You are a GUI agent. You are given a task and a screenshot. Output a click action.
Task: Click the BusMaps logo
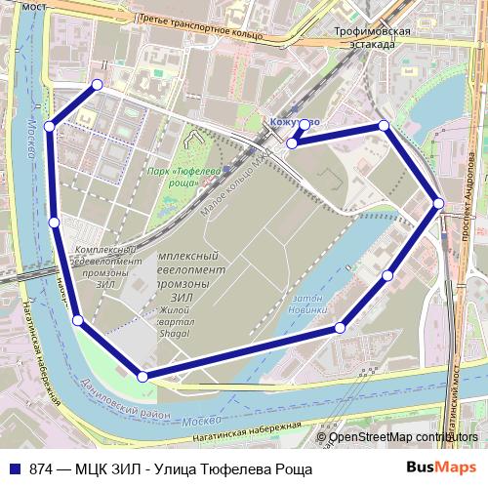coord(436,467)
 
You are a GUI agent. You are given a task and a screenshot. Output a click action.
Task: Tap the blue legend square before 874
coord(13,468)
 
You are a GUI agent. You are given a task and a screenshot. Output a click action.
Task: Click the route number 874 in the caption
coord(42,468)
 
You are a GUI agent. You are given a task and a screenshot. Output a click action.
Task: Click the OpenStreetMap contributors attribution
coord(402,437)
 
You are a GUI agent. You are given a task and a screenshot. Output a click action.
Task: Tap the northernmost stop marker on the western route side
coord(97,85)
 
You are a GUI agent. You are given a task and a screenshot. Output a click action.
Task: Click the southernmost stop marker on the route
coord(143,376)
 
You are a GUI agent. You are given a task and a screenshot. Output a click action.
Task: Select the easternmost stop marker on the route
coord(439,203)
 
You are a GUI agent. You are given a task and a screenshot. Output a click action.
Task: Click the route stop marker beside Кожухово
coord(292,143)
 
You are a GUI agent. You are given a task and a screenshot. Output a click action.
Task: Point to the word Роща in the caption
coord(290,468)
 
